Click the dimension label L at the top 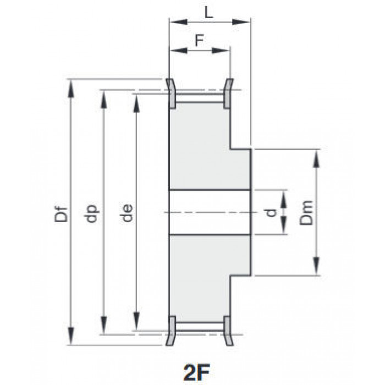(208, 13)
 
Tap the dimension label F (199, 41)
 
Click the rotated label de (127, 213)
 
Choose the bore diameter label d (271, 213)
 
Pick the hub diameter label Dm (307, 213)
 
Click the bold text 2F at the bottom (196, 373)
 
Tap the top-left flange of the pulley (171, 94)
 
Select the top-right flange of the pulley (228, 94)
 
